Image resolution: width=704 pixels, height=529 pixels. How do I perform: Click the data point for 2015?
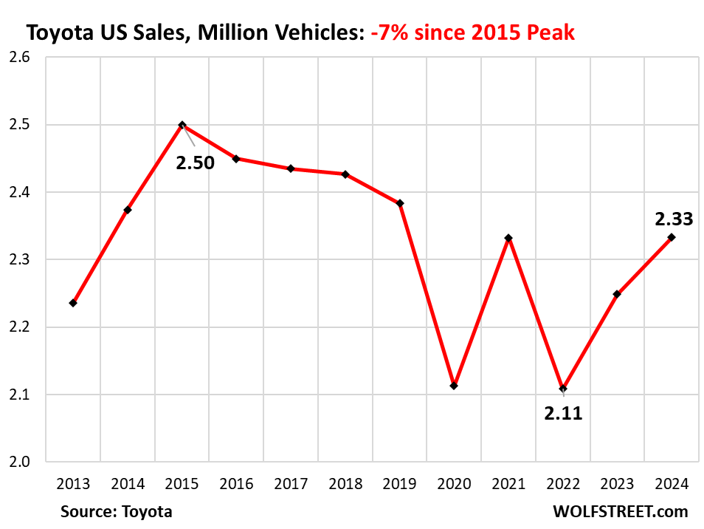click(182, 125)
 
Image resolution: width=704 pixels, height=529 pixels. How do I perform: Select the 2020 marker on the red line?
click(454, 386)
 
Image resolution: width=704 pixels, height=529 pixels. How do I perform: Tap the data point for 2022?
click(563, 388)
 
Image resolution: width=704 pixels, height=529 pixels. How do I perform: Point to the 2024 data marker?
click(672, 237)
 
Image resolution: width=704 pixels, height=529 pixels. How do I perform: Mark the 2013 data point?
click(73, 303)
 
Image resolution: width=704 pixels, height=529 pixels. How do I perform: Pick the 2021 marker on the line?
click(508, 238)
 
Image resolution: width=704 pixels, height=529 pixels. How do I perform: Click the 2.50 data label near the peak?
click(195, 163)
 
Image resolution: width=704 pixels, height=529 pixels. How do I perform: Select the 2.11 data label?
click(563, 414)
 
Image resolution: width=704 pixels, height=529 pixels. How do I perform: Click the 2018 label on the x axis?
click(345, 484)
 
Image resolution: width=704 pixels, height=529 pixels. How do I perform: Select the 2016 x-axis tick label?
click(236, 484)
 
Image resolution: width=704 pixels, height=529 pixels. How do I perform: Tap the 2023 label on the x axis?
click(617, 484)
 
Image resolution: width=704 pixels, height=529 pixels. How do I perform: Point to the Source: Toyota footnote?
click(117, 511)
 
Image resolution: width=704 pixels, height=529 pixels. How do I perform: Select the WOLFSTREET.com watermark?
click(620, 511)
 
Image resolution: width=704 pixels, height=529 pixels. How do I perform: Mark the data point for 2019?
click(400, 203)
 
